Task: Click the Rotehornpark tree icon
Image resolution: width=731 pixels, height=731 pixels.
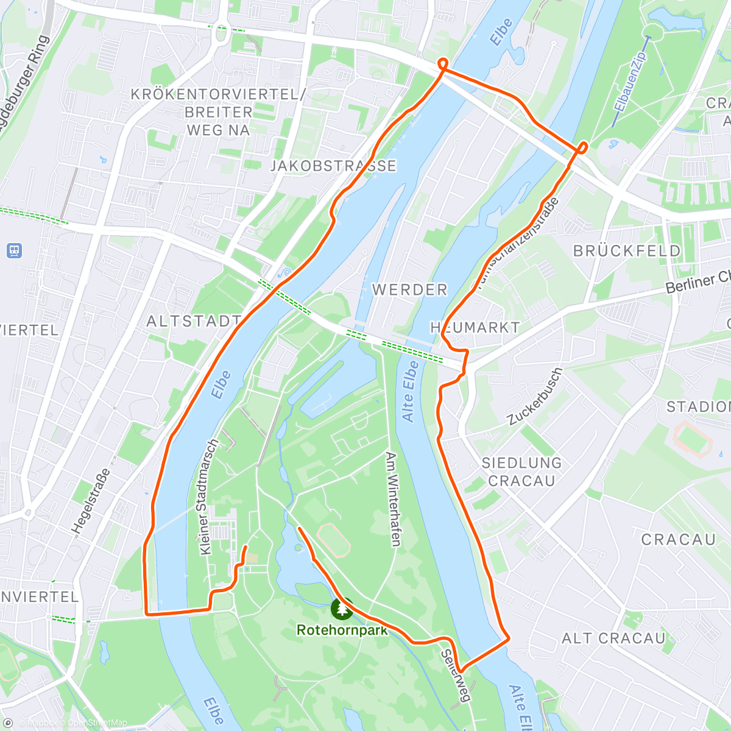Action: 342,607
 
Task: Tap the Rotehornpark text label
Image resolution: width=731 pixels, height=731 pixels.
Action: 342,630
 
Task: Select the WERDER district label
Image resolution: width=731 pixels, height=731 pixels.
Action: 410,290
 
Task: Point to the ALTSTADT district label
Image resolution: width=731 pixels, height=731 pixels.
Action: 194,321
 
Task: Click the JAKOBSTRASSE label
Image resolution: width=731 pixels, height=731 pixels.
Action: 333,166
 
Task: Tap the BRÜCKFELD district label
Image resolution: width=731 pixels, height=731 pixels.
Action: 627,251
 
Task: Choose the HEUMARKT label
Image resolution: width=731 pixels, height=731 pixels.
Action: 475,328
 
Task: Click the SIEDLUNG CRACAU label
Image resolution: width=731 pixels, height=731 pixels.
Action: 521,471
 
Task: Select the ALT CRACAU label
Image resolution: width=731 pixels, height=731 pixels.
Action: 613,638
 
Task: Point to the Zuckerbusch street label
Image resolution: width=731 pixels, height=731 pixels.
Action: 535,397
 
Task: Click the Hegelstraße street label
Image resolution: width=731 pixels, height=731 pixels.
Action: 91,501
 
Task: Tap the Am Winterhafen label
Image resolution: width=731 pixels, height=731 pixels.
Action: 393,499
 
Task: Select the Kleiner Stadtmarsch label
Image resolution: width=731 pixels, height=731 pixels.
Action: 208,497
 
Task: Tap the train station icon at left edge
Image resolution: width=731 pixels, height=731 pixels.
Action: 15,250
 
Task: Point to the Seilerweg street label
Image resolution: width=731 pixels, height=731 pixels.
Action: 456,674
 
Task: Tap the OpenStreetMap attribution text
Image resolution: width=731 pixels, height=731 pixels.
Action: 97,723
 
